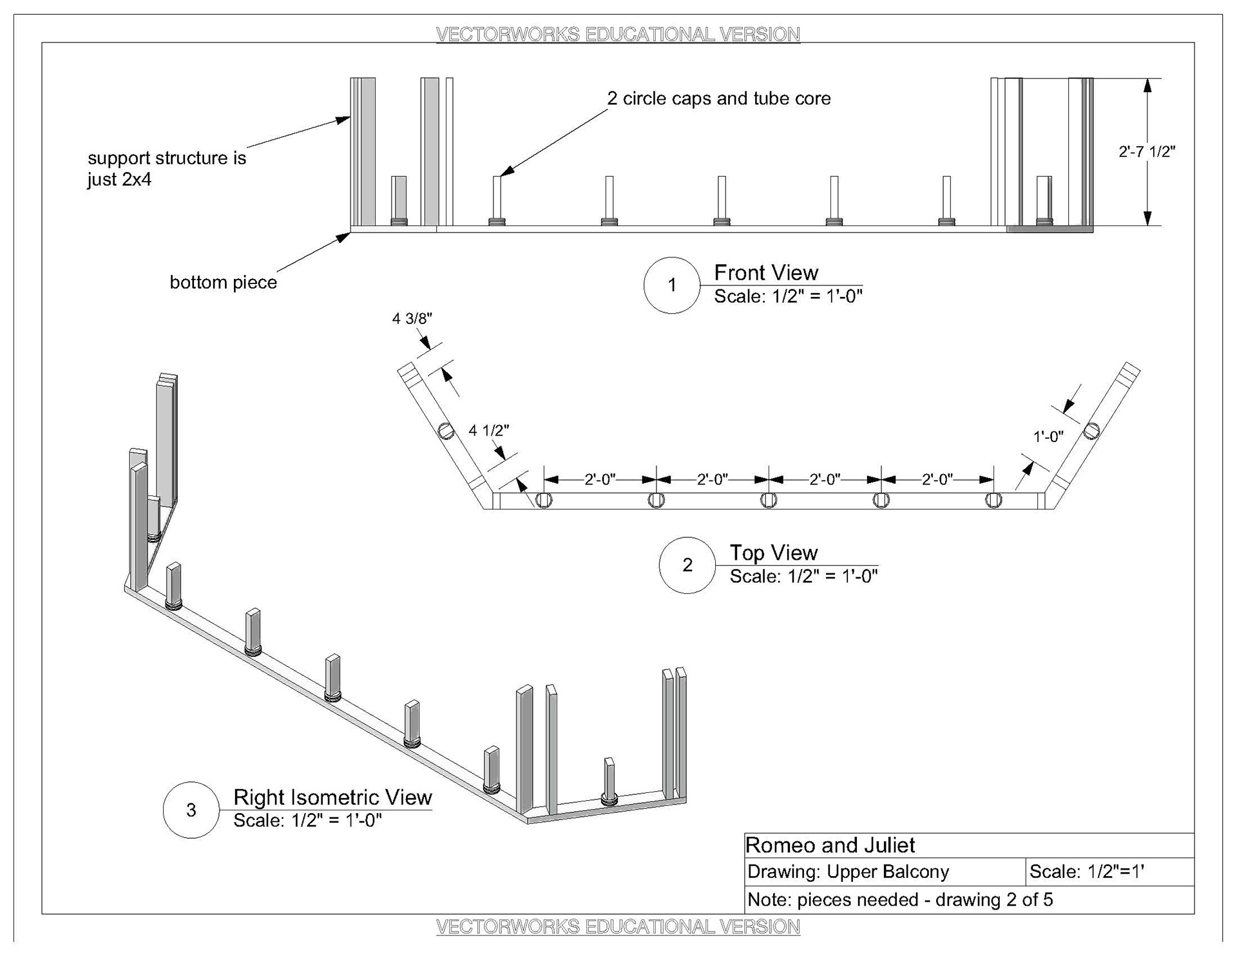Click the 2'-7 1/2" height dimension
1147,152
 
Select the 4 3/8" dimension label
412,318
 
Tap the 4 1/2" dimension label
489,430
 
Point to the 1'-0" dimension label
1048,436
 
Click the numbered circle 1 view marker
672,285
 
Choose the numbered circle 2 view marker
687,565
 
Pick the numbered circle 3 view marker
191,810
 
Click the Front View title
766,272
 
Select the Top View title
773,553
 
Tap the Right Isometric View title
332,797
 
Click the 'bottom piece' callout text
223,282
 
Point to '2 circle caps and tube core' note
719,99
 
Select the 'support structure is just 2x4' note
166,168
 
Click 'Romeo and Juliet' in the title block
830,845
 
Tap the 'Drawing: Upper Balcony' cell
848,872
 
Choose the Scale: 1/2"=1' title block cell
1086,872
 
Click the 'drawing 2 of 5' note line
900,899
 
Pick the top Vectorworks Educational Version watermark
618,34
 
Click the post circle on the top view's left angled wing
446,431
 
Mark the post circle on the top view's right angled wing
1091,430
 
